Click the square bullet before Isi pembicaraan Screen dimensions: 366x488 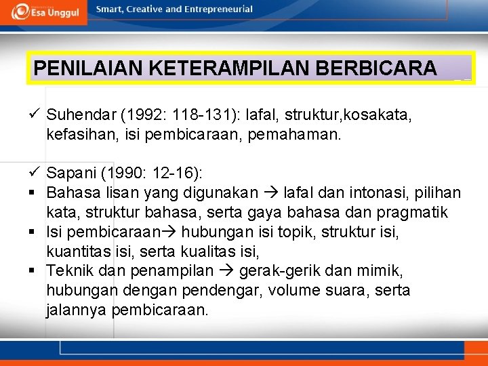click(33, 232)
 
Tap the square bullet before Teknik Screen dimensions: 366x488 click(33, 271)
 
